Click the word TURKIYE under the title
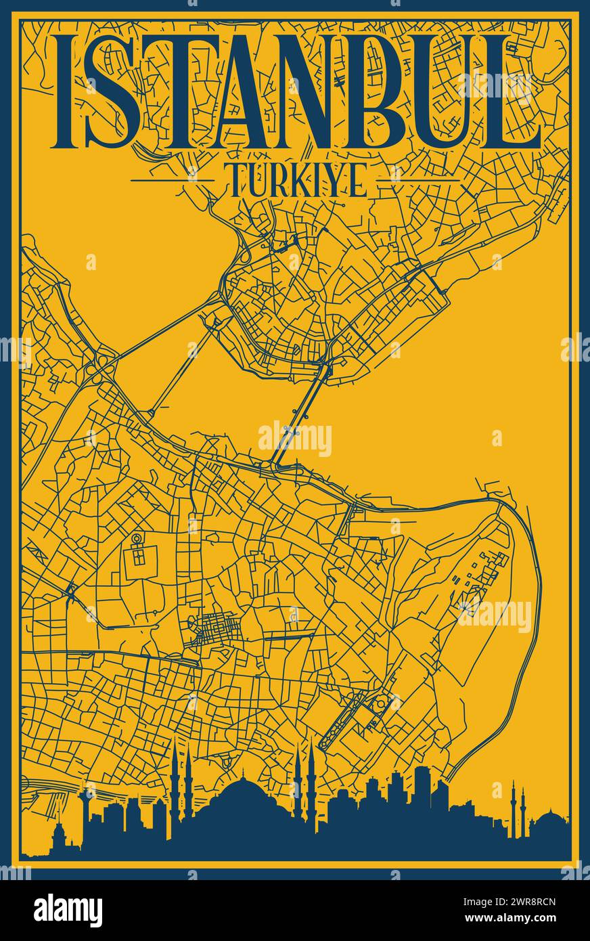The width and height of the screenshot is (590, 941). [294, 180]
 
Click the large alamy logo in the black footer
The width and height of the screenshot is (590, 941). [68, 909]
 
